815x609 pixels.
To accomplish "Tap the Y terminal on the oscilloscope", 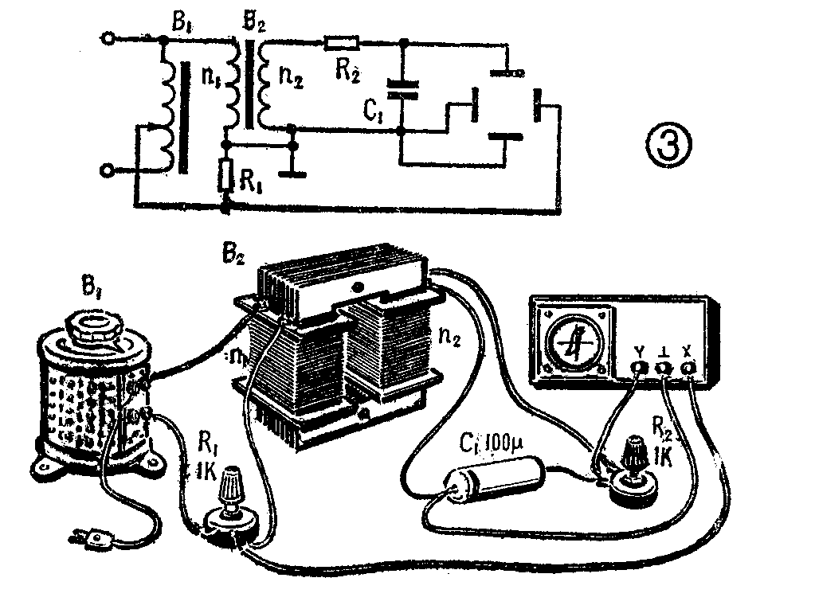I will tap(637, 367).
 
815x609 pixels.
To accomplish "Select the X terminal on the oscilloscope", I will tap(687, 366).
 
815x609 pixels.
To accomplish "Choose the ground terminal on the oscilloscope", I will tap(663, 367).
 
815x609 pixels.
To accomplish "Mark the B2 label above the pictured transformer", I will tap(237, 257).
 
